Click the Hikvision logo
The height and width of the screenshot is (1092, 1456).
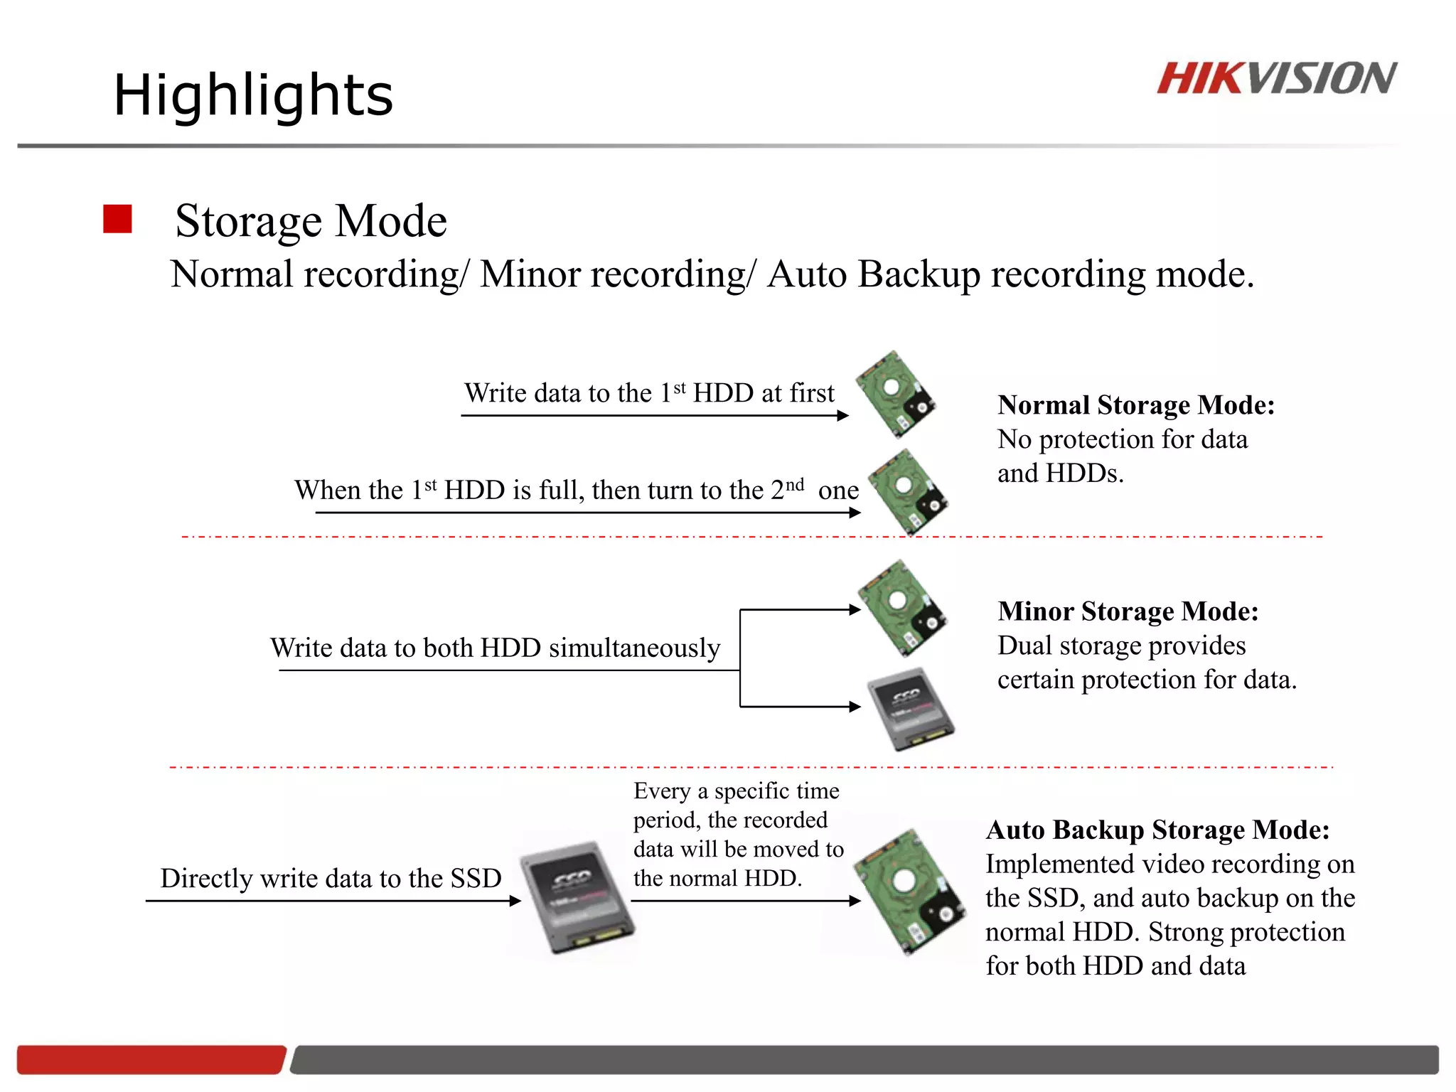tap(1276, 78)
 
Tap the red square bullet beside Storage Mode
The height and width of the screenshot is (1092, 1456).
tap(117, 219)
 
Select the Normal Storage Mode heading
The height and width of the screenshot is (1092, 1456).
tap(1135, 405)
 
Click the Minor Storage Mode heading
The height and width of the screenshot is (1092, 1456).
tap(1128, 611)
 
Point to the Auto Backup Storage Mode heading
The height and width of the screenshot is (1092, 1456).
tap(1157, 830)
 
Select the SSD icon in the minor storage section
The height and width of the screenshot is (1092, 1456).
tap(911, 709)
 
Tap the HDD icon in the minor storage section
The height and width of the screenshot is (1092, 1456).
tap(901, 608)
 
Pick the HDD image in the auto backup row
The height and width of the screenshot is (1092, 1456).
tap(909, 892)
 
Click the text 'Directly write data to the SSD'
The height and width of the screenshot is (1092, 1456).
tap(331, 879)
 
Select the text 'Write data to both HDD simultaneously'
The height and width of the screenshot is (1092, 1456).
tap(495, 648)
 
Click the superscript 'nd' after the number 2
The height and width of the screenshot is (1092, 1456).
tap(795, 484)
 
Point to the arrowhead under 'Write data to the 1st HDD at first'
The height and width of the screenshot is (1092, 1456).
tap(843, 416)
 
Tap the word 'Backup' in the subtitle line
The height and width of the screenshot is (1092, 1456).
tap(919, 274)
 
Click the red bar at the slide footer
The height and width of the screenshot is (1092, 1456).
tap(151, 1059)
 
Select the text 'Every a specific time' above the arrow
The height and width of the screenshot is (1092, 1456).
tap(736, 791)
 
